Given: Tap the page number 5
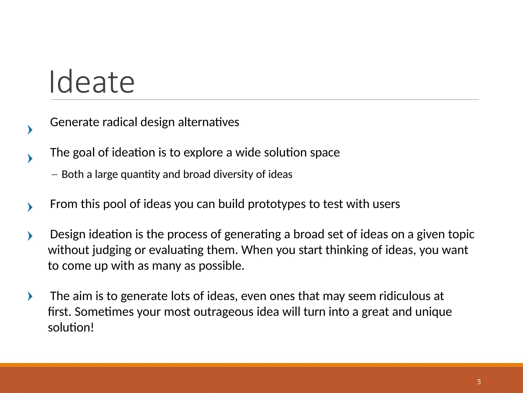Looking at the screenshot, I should pyautogui.click(x=479, y=382).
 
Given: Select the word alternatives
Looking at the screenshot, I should pyautogui.click(x=208, y=122).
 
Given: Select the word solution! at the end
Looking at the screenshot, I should pyautogui.click(x=71, y=327).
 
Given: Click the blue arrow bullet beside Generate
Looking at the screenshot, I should pyautogui.click(x=30, y=130).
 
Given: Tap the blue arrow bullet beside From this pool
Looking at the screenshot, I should pyautogui.click(x=30, y=207).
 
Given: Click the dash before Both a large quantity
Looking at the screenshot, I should pyautogui.click(x=54, y=175).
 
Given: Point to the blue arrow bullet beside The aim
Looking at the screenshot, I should pyautogui.click(x=30, y=296).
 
